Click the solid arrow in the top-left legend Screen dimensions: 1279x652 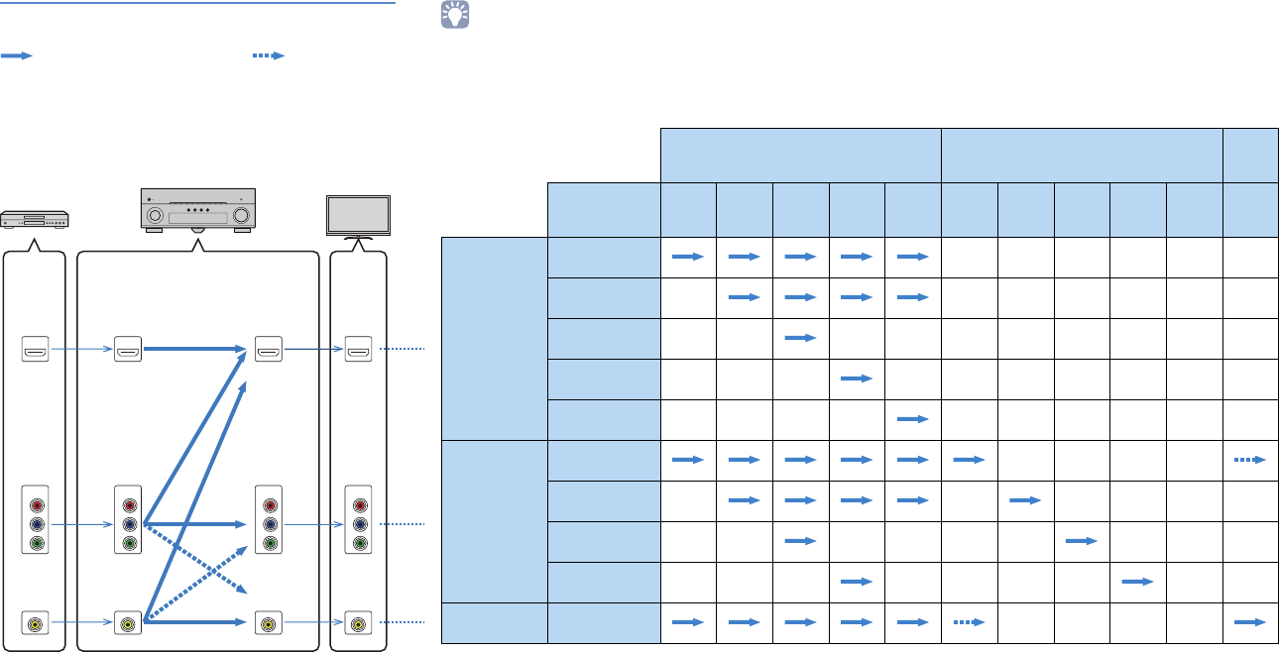point(18,55)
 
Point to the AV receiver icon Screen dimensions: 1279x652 point(198,210)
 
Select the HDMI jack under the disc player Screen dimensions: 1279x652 point(34,349)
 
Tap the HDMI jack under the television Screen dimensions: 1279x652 point(359,349)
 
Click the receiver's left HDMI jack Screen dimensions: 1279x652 point(128,349)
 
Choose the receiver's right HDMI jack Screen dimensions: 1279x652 point(269,349)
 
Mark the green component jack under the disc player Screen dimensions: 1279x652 point(34,543)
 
